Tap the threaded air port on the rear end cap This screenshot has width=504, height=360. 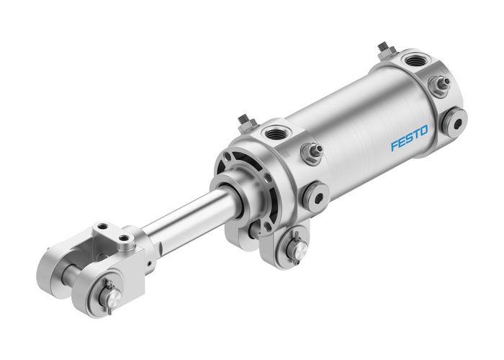pos(415,60)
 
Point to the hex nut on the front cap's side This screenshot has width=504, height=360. pos(311,153)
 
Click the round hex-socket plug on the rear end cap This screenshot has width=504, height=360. pos(454,122)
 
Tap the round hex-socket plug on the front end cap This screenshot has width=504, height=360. pos(315,196)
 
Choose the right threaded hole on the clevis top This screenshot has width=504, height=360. pos(125,237)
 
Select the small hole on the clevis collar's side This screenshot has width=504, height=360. pos(149,264)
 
